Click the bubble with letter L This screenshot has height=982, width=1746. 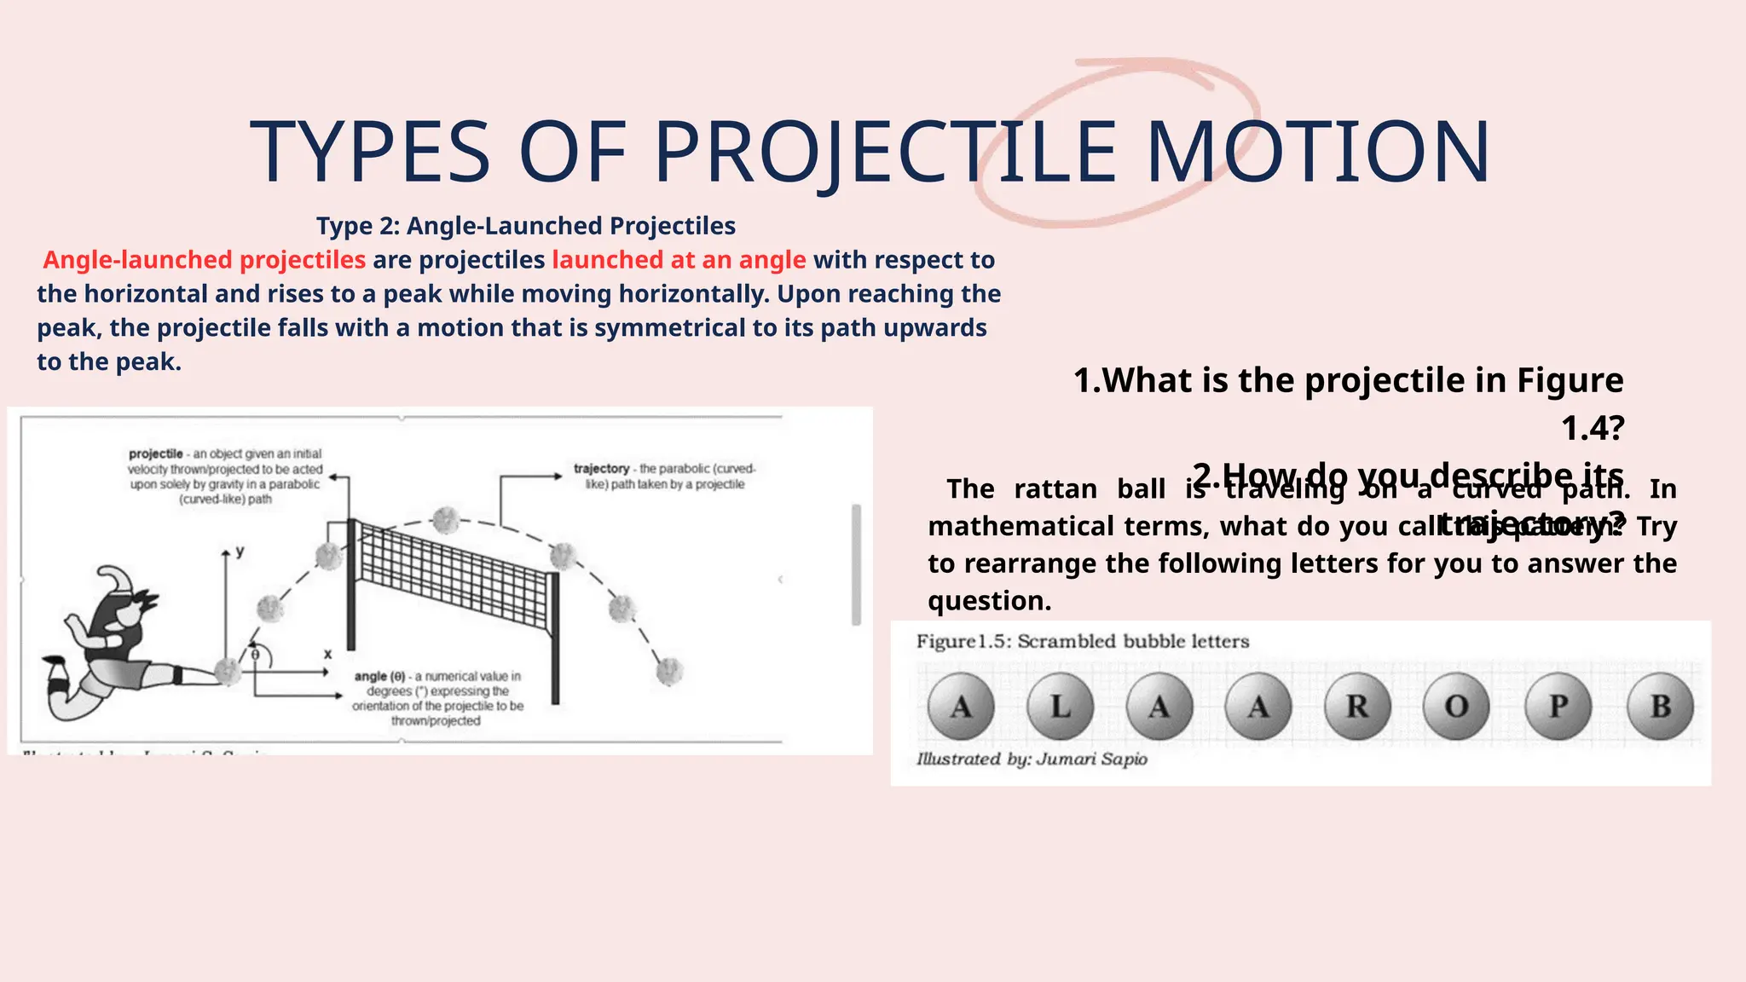coord(1060,706)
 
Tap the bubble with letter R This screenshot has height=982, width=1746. coord(1357,706)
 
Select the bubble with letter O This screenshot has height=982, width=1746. coord(1456,706)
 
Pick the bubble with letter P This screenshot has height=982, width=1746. coord(1558,706)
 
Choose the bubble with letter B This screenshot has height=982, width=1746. coord(1660,706)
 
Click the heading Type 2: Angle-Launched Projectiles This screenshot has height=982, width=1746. coord(526,226)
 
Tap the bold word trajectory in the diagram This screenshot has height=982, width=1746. coord(601,469)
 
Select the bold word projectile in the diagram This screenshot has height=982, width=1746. coord(156,454)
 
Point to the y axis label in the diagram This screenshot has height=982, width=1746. coord(240,552)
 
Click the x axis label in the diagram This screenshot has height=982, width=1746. coord(327,654)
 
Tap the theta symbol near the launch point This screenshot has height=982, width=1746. coord(255,654)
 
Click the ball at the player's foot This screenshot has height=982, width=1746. coord(228,671)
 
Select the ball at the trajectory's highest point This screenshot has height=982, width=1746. coord(445,519)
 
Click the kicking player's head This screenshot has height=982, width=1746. coord(128,600)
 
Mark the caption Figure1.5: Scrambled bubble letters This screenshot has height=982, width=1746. coord(1083,641)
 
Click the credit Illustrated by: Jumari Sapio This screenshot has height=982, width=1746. coord(1032,759)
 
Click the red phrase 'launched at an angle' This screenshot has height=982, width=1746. coord(679,260)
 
